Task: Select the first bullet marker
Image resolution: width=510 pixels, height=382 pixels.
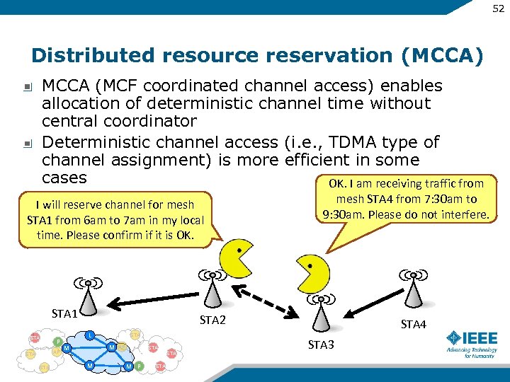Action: coord(26,88)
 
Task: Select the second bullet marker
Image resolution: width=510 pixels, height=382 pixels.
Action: coord(26,144)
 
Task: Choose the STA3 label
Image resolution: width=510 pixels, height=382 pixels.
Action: coord(321,345)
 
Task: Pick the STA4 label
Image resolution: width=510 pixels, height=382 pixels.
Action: coord(414,325)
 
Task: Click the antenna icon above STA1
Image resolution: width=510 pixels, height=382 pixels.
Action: coord(86,290)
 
